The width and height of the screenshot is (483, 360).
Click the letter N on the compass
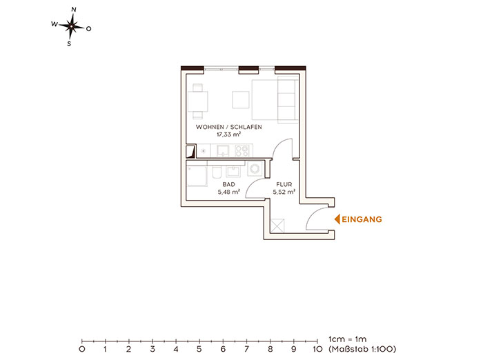(74, 10)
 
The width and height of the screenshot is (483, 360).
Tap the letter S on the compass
(69, 44)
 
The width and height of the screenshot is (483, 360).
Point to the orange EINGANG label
(362, 219)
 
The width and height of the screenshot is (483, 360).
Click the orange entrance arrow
(337, 219)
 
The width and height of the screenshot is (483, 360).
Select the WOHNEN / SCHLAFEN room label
(229, 127)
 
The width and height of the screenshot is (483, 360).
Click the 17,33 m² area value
(228, 134)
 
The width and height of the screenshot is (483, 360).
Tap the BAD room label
(228, 184)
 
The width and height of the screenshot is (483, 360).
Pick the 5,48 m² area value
(229, 192)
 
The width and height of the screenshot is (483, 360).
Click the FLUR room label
(284, 184)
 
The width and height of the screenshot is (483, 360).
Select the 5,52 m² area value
(284, 192)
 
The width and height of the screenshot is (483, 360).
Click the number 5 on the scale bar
(199, 349)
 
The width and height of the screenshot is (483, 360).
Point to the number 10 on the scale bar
(317, 349)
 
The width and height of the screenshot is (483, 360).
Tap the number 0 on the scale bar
(82, 349)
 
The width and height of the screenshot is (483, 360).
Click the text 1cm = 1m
(348, 339)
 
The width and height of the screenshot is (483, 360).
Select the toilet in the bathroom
(217, 172)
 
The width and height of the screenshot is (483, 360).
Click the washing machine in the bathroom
(255, 168)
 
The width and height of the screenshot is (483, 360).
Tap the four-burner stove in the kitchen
(241, 150)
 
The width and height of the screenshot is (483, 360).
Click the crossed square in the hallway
(277, 226)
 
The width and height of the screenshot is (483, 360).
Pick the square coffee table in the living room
(241, 99)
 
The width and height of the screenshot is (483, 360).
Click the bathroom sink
(233, 171)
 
